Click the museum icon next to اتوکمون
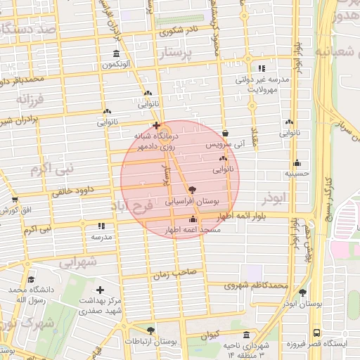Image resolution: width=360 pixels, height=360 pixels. [116, 55]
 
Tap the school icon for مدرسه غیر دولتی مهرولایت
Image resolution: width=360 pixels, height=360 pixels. [262, 69]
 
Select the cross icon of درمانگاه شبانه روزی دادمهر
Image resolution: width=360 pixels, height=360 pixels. [156, 125]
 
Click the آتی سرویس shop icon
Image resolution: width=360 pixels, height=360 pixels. [225, 133]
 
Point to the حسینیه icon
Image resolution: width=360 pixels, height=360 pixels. [297, 162]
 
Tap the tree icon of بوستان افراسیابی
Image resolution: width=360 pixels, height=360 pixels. [193, 190]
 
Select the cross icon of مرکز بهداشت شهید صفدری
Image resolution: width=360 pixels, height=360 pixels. [100, 290]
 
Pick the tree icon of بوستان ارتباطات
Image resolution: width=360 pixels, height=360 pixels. [150, 330]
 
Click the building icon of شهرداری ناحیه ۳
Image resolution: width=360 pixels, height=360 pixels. [245, 335]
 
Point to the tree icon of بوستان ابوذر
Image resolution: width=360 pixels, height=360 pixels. [303, 292]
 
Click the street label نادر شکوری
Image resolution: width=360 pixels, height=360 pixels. [179, 31]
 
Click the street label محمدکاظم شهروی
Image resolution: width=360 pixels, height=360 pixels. [257, 285]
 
